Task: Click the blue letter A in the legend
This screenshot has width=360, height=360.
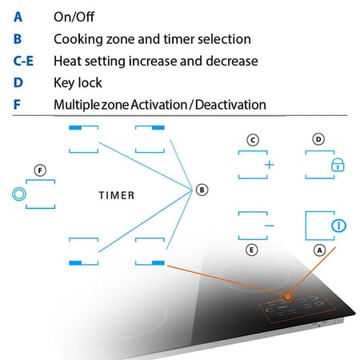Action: click(18, 17)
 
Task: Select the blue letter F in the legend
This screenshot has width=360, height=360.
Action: click(17, 105)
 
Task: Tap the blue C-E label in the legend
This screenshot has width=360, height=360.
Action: click(23, 61)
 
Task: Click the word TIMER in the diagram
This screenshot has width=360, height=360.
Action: click(117, 195)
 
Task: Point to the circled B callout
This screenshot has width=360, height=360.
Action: click(202, 190)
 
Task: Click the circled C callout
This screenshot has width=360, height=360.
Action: click(253, 140)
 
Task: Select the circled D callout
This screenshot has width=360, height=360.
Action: click(318, 139)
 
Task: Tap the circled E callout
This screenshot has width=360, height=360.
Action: click(251, 250)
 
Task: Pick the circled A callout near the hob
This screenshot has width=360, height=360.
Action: click(319, 250)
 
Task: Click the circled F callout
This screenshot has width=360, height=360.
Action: click(40, 170)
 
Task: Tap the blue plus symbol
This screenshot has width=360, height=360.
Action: click(270, 165)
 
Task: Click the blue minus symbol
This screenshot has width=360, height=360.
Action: click(270, 226)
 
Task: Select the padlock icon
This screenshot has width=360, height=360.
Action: click(338, 165)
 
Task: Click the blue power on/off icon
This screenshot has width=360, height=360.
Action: click(338, 226)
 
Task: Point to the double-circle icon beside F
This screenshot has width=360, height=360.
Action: click(19, 194)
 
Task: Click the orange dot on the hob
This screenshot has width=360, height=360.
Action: click(288, 297)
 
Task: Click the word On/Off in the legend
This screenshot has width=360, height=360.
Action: click(74, 17)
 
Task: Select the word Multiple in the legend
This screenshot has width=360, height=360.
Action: click(76, 105)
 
